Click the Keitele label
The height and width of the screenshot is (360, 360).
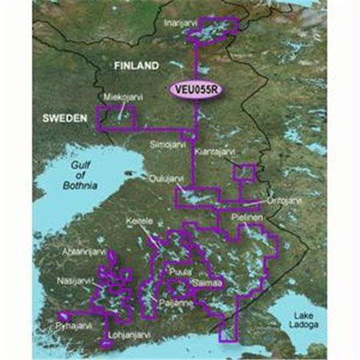pos(140,218)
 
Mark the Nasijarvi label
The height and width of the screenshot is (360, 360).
pos(77,281)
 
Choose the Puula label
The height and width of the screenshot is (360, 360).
pos(179,273)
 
